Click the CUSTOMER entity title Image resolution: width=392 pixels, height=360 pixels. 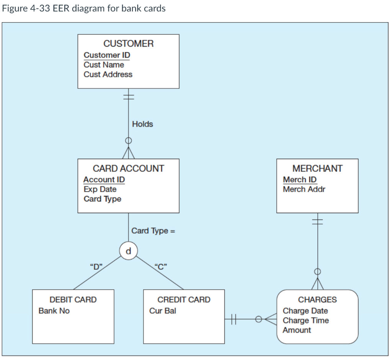(128, 44)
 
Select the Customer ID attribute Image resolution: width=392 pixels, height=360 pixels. (107, 55)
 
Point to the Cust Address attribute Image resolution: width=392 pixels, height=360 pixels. (108, 75)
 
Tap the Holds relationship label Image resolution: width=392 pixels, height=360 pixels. (142, 124)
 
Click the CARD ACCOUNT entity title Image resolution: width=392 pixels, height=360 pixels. (128, 168)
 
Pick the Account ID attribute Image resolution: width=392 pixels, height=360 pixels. (104, 179)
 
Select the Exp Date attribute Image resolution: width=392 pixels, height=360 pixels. (100, 189)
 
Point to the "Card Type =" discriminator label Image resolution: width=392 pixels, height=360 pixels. (153, 231)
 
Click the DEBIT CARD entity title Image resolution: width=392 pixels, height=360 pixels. (73, 300)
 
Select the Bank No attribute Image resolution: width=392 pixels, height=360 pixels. (54, 311)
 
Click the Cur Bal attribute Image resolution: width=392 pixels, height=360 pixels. (163, 311)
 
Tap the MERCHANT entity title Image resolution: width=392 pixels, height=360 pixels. (317, 168)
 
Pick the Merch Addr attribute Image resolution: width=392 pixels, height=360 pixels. (304, 189)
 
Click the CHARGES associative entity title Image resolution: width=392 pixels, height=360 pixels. (317, 300)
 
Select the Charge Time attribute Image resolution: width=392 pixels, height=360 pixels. (305, 321)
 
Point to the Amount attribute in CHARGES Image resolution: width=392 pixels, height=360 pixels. (297, 330)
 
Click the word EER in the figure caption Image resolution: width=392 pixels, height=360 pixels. (61, 8)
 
